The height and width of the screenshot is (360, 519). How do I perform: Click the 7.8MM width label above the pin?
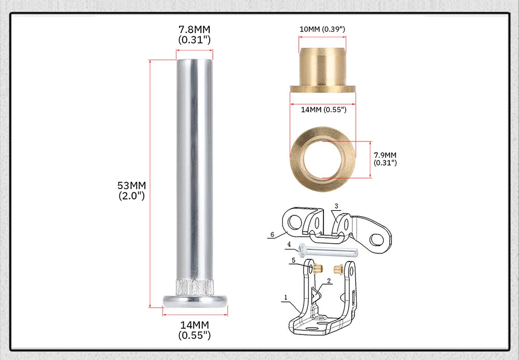pyautogui.click(x=194, y=34)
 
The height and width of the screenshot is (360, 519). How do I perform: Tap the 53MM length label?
pyautogui.click(x=132, y=191)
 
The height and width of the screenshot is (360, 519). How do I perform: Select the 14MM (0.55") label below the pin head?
pyautogui.click(x=194, y=330)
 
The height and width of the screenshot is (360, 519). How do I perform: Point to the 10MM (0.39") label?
pyautogui.click(x=322, y=29)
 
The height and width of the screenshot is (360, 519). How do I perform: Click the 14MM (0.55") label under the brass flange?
pyautogui.click(x=323, y=110)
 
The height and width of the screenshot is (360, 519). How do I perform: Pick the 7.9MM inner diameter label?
pyautogui.click(x=385, y=158)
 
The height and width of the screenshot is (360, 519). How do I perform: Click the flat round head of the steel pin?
pyautogui.click(x=195, y=301)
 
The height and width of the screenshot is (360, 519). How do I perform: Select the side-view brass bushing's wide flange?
pyautogui.click(x=323, y=89)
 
